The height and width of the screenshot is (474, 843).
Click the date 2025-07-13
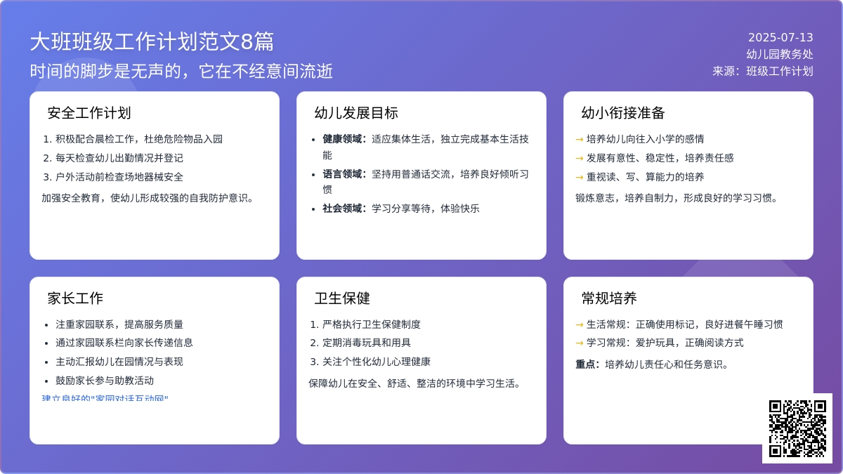click(780, 38)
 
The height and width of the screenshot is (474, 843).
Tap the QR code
click(797, 428)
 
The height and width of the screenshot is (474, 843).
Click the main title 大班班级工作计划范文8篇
click(152, 42)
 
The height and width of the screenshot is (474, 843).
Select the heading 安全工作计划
click(89, 113)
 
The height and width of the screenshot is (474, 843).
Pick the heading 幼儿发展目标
click(356, 113)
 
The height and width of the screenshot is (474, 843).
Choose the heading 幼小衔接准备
click(623, 113)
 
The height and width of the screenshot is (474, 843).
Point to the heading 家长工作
click(75, 298)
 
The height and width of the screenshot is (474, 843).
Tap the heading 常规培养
click(609, 298)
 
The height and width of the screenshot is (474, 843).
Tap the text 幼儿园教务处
click(780, 54)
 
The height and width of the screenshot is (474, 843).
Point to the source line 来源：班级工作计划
click(763, 71)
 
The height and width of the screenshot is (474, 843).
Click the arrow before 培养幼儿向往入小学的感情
click(580, 139)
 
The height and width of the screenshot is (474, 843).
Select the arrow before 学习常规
click(580, 343)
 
